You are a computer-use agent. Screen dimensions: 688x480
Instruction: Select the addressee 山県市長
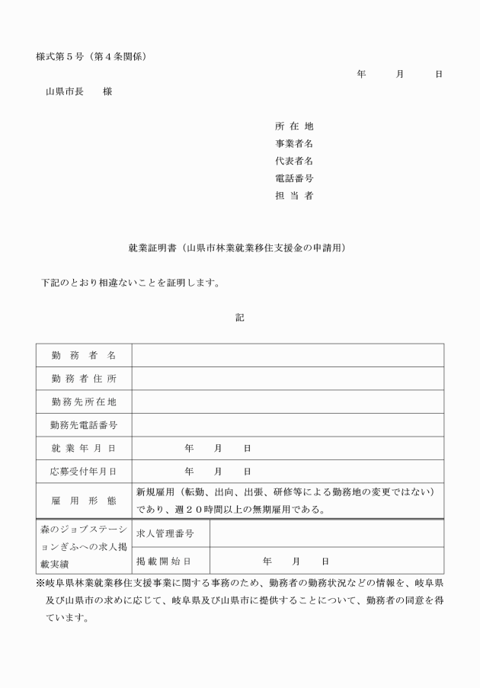pyautogui.click(x=64, y=92)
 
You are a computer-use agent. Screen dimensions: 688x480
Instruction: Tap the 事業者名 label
pyautogui.click(x=294, y=143)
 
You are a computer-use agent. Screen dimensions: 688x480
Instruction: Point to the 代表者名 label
pyautogui.click(x=294, y=161)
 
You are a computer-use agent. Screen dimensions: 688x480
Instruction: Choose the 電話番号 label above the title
pyautogui.click(x=294, y=178)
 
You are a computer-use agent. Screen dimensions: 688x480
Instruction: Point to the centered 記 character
pyautogui.click(x=240, y=318)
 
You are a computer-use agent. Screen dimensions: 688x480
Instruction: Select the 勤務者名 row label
pyautogui.click(x=84, y=356)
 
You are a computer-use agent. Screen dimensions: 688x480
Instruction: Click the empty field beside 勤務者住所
pyautogui.click(x=288, y=379)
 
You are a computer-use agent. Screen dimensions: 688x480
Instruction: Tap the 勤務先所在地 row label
pyautogui.click(x=84, y=402)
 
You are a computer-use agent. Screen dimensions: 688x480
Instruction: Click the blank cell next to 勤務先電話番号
pyautogui.click(x=288, y=424)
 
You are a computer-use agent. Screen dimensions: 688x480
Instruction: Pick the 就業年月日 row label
pyautogui.click(x=84, y=448)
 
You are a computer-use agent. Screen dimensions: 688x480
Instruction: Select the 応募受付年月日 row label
pyautogui.click(x=84, y=471)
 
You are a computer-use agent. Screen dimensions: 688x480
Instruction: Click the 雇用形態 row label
pyautogui.click(x=84, y=501)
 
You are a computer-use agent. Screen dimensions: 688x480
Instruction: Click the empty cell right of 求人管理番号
pyautogui.click(x=326, y=533)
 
